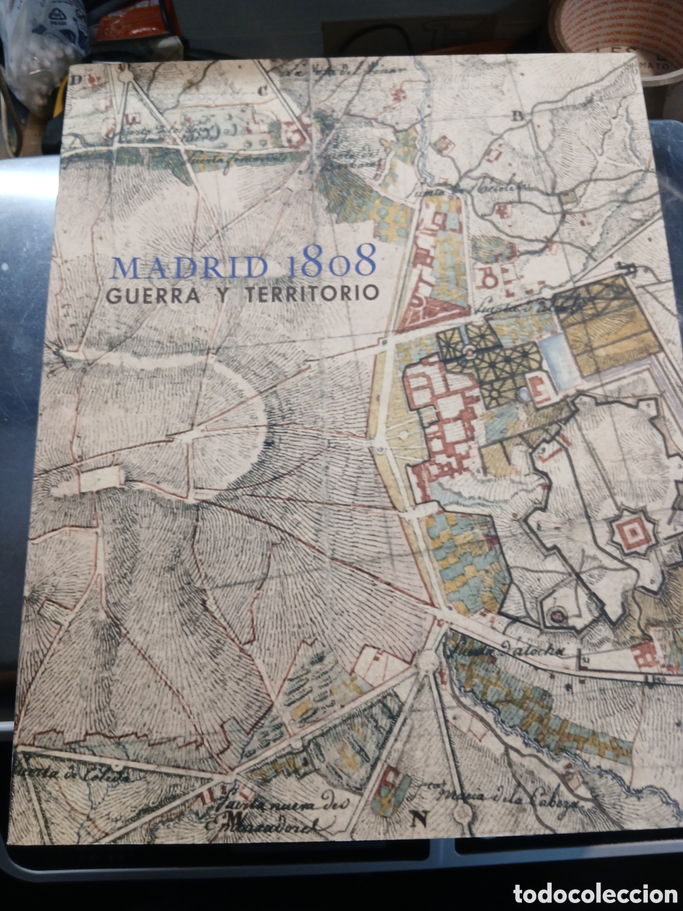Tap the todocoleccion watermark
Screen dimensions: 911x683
click(595, 894)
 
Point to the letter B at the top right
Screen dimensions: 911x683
click(517, 116)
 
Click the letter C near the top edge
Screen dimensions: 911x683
click(262, 88)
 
